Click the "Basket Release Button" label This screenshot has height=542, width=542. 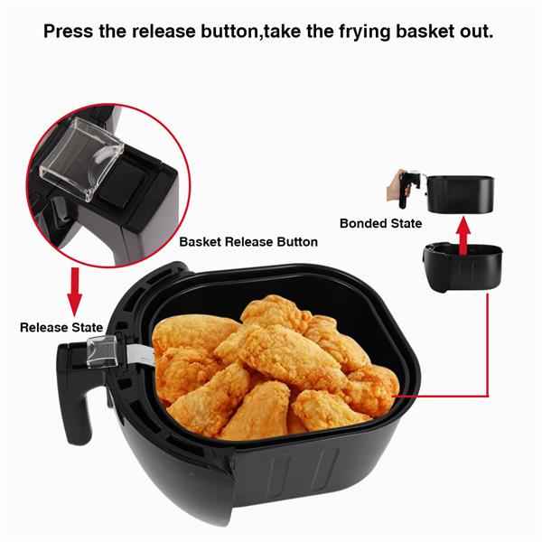pyautogui.click(x=248, y=242)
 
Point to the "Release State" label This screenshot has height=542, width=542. pyautogui.click(x=61, y=327)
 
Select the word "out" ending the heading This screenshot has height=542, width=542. pyautogui.click(x=477, y=32)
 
